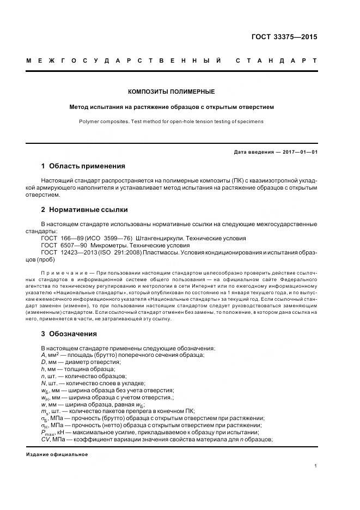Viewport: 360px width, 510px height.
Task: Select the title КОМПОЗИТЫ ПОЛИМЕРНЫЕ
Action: tap(171, 92)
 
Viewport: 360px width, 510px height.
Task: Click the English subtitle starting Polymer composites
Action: tap(171, 121)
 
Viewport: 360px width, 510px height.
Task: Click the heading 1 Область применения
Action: tap(83, 166)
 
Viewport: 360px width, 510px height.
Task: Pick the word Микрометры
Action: tap(112, 245)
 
